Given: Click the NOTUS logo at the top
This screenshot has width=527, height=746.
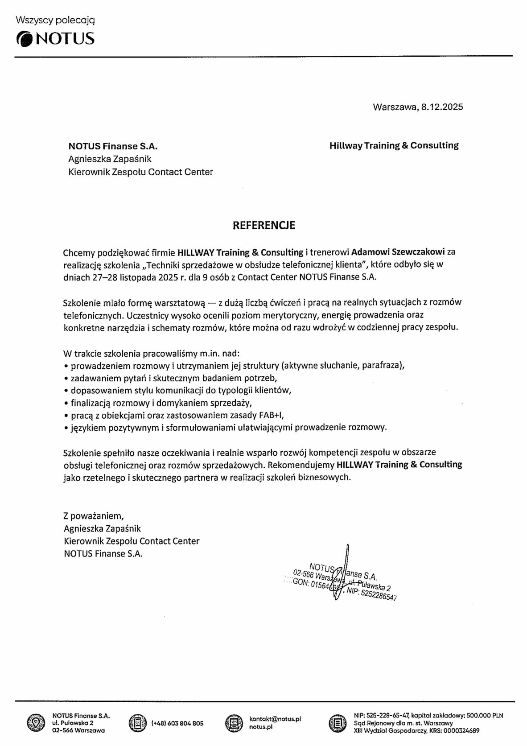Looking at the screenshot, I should [x=55, y=39].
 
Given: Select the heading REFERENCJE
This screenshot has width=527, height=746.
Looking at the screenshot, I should [x=263, y=226].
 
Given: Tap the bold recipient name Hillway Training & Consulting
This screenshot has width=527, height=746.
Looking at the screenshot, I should [x=394, y=146].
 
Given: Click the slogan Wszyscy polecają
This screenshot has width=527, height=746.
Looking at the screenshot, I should [x=55, y=20].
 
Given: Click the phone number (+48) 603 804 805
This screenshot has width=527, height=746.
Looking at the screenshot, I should [x=177, y=723].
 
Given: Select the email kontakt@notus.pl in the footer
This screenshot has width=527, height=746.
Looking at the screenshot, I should [x=275, y=719].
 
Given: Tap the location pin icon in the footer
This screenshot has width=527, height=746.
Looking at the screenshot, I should [x=35, y=723].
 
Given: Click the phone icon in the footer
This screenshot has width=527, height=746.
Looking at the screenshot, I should [x=137, y=723].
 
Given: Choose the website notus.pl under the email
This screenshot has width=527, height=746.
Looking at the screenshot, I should [x=261, y=727].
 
